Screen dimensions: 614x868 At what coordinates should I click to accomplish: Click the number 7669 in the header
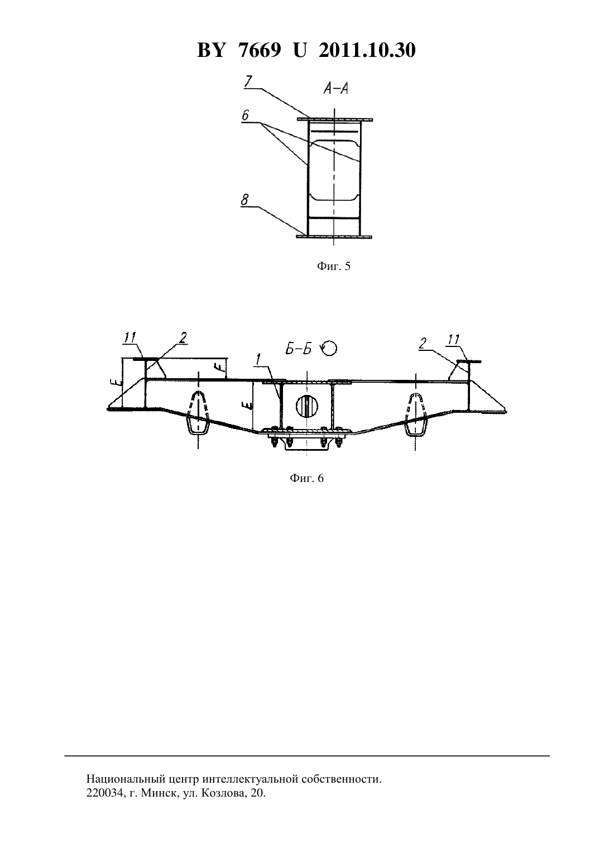260,50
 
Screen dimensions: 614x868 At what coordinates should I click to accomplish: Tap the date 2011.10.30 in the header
367,50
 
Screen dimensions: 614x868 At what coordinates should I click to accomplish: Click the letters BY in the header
211,50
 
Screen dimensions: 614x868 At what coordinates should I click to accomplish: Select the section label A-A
335,89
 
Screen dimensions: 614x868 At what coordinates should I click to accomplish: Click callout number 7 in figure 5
248,82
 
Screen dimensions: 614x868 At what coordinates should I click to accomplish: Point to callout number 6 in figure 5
246,115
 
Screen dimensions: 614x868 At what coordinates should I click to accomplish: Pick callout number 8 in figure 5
245,200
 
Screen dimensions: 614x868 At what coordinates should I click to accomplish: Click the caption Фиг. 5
334,266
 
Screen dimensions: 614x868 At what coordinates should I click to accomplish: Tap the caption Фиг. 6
306,478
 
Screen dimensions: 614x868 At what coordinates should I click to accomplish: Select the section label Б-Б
299,349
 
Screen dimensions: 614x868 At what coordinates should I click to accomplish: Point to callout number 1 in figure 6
257,360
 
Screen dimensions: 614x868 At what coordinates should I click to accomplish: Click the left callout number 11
130,338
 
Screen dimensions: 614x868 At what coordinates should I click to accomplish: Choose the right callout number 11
453,340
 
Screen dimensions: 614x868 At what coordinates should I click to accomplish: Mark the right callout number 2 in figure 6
423,343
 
